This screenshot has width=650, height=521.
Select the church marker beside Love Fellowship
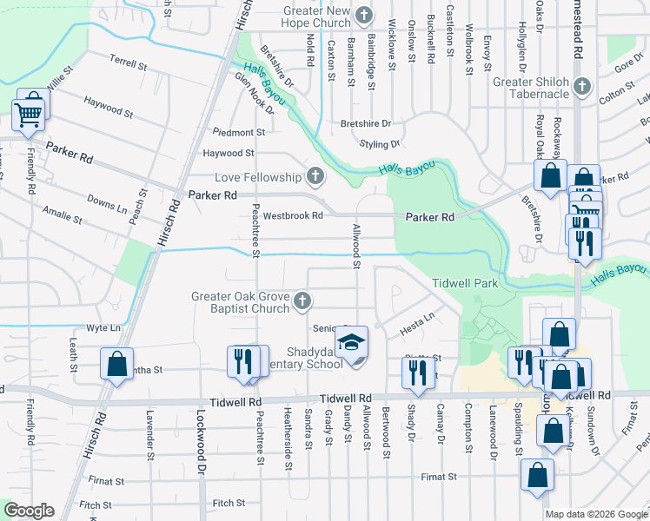pyautogui.click(x=315, y=177)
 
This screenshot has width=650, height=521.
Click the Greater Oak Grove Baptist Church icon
pyautogui.click(x=302, y=301)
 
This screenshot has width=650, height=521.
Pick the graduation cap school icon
pyautogui.click(x=352, y=343)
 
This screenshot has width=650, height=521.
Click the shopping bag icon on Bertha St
pyautogui.click(x=116, y=364)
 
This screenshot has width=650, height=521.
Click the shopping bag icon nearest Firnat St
pyautogui.click(x=537, y=475)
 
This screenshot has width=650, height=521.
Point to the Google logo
pyautogui.click(x=29, y=511)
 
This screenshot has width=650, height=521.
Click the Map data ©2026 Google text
pyautogui.click(x=595, y=514)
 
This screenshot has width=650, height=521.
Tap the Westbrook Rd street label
pyautogui.click(x=293, y=215)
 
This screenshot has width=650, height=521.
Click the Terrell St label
pyautogui.click(x=129, y=63)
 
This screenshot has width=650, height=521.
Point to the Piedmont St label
pyautogui.click(x=239, y=133)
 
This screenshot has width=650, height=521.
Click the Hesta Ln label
pyautogui.click(x=416, y=325)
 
